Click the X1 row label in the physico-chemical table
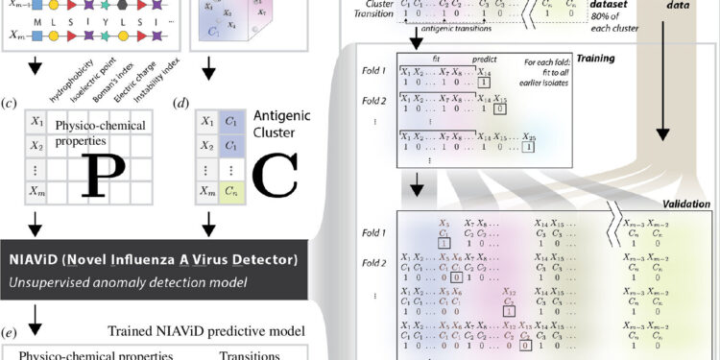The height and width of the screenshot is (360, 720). click(x=36, y=122)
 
